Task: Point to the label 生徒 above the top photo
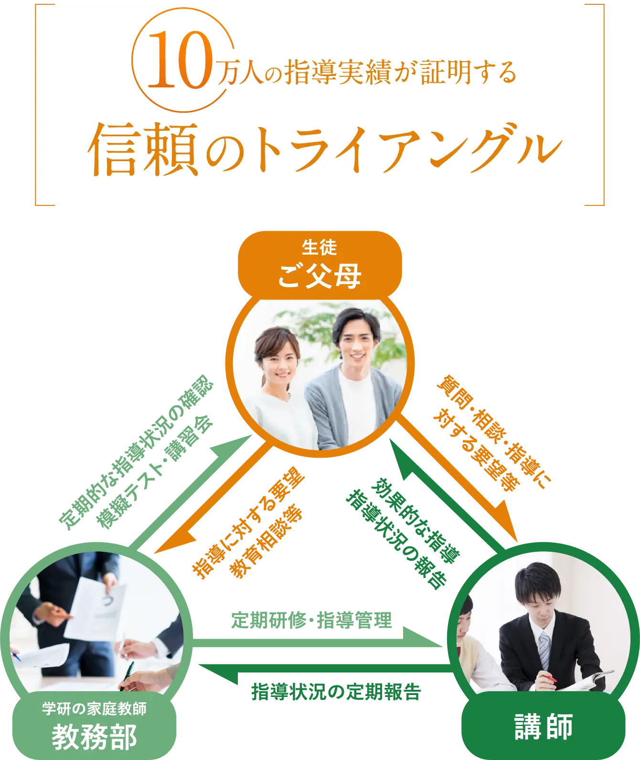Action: [319, 247]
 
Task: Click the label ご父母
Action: [319, 276]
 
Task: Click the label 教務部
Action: [94, 737]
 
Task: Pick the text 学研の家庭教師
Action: [94, 708]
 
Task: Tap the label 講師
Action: [544, 727]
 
